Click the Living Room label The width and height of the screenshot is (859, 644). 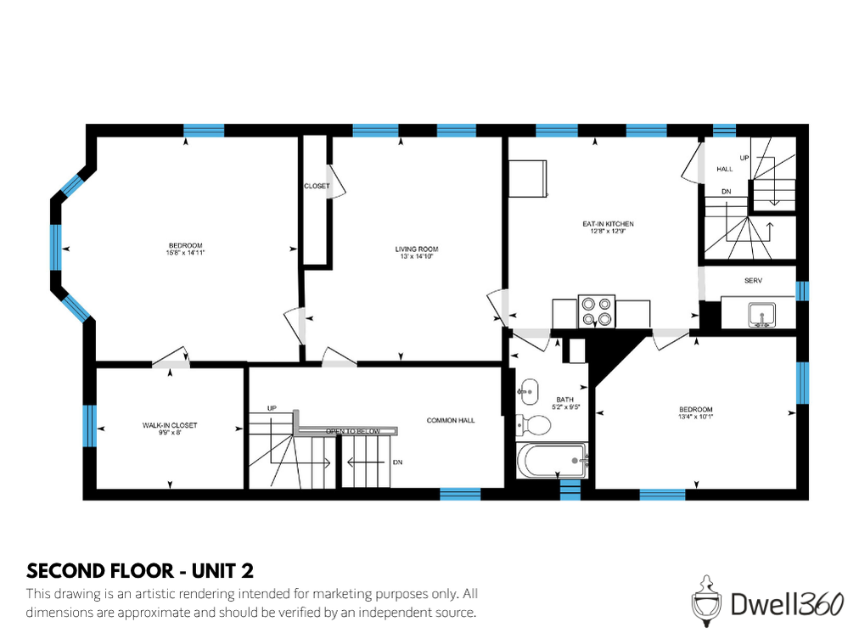416,249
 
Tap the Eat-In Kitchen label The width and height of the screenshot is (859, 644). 608,223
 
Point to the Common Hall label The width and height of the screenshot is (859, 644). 451,420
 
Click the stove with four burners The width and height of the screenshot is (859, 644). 596,311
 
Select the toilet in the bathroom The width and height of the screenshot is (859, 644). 533,423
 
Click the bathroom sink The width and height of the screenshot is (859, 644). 528,389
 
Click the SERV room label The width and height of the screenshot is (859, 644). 753,280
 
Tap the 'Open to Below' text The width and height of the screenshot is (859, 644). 353,431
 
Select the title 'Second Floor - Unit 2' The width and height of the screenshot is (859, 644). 140,569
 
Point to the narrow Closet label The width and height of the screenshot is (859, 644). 317,186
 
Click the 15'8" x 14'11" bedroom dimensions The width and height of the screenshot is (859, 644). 187,252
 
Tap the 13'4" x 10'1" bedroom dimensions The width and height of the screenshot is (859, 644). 695,417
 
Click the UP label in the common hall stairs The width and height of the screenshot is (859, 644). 272,408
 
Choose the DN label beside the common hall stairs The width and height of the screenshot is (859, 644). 397,462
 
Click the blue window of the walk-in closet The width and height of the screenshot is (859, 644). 89,425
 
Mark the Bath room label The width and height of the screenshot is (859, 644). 564,399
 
